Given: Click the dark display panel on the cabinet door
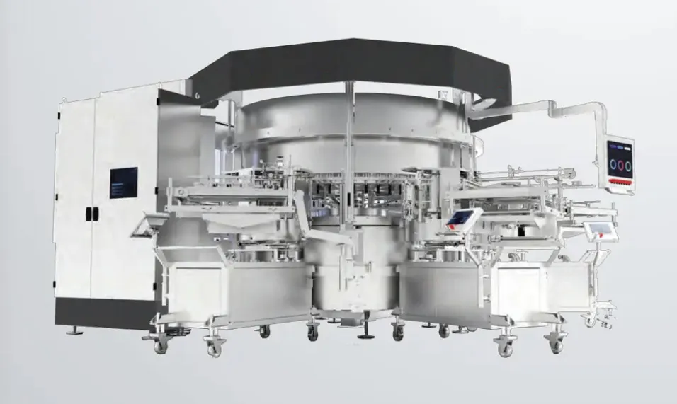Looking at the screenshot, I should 124,183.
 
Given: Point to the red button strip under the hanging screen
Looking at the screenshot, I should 619,185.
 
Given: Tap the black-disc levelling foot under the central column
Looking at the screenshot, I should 366,334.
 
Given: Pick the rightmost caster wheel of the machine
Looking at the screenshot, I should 589,321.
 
